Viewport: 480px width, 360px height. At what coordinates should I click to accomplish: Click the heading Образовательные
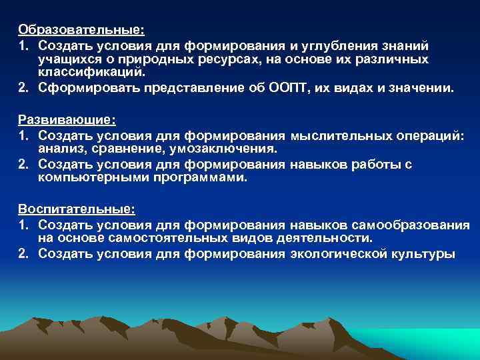(x=81, y=30)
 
